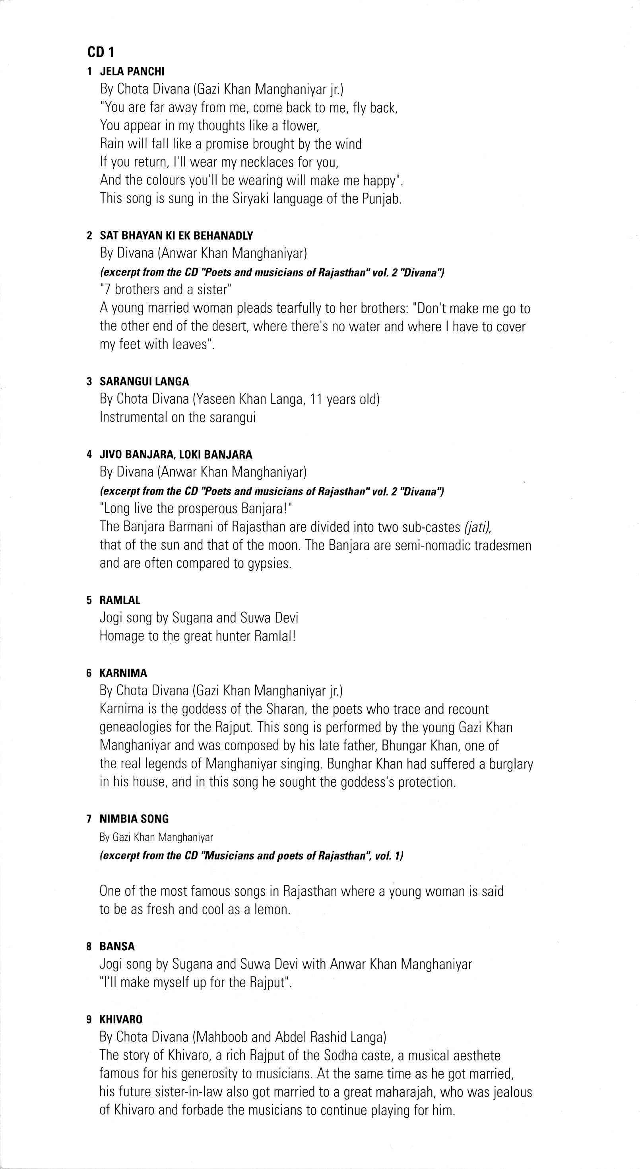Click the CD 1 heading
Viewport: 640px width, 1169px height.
101,52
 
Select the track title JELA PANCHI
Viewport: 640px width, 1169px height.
132,71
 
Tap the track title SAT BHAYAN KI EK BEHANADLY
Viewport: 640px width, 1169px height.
176,235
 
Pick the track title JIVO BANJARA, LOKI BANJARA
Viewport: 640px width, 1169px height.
176,454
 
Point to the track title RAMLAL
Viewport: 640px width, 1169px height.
120,600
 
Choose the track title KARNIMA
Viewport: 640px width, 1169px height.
123,673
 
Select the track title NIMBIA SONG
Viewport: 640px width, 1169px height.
134,819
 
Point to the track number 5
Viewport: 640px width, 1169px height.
89,600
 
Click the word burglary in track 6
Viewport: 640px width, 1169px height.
511,764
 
